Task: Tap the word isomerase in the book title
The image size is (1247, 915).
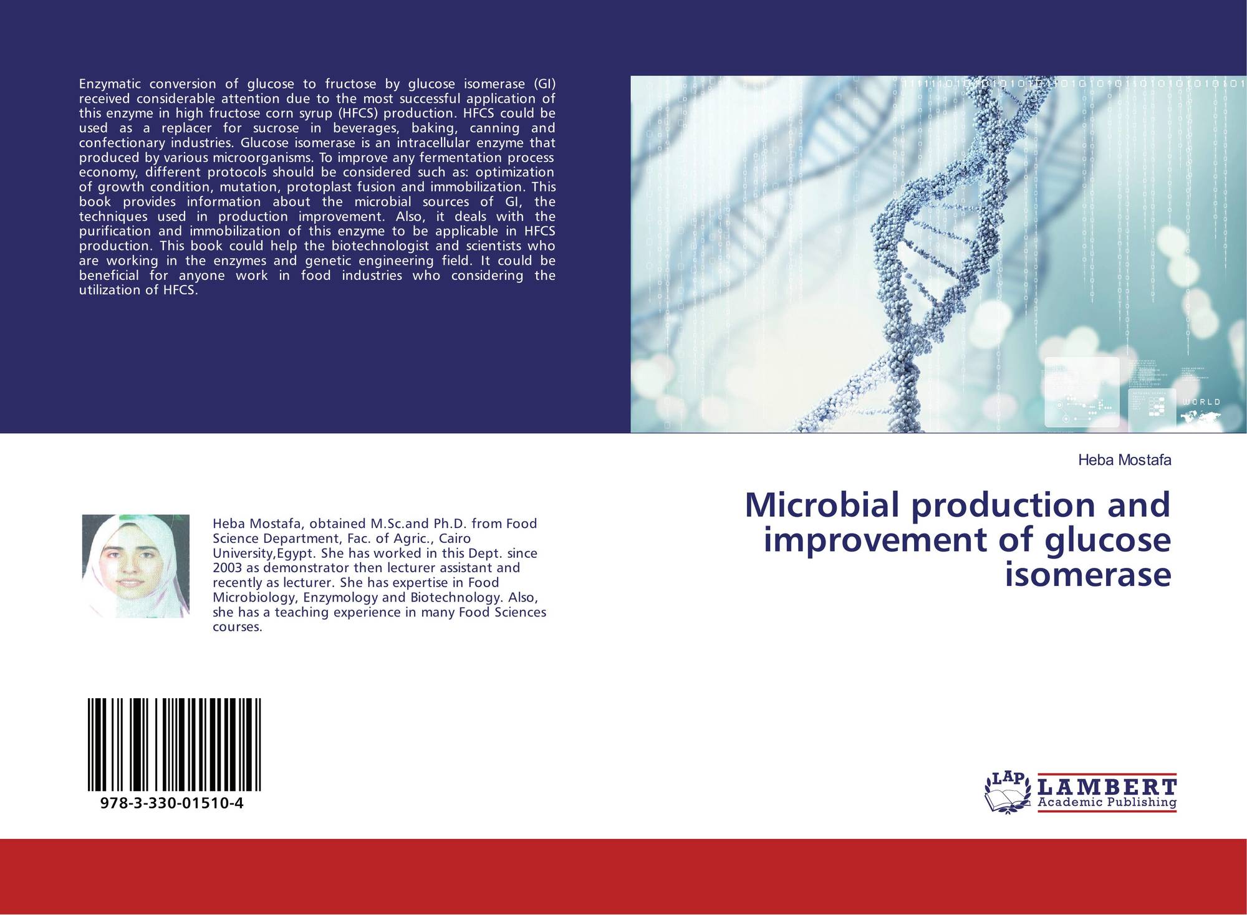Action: click(1088, 574)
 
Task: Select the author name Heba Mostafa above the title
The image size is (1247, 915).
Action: click(1125, 461)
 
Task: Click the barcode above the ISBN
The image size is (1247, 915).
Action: click(174, 745)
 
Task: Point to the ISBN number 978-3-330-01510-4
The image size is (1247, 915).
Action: click(171, 803)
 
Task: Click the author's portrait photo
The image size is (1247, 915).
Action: click(136, 566)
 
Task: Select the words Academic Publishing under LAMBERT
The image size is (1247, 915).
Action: click(1107, 802)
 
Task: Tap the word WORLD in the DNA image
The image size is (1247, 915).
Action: click(1201, 402)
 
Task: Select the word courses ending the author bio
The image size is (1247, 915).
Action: click(238, 627)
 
